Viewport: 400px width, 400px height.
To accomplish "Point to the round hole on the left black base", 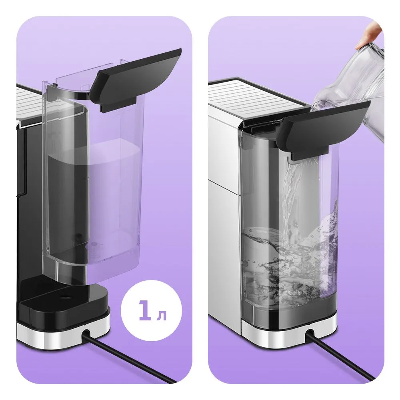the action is (66, 296).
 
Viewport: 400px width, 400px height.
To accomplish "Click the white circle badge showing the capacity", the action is (151, 310).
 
